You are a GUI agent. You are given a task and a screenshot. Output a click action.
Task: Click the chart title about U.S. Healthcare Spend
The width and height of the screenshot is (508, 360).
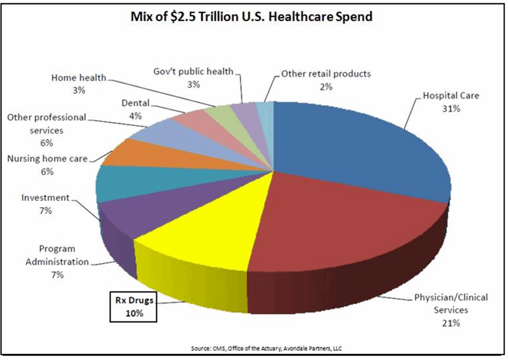click(251, 17)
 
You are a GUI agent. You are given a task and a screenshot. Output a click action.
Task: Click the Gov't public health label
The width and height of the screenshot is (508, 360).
click(193, 72)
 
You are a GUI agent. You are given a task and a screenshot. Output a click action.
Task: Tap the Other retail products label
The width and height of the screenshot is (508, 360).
click(325, 74)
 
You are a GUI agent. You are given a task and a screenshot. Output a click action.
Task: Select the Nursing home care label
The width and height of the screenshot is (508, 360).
click(47, 159)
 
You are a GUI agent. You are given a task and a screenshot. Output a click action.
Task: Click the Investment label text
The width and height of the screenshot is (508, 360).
click(45, 198)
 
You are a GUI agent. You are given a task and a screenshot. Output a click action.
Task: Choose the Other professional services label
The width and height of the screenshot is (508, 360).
click(46, 124)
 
